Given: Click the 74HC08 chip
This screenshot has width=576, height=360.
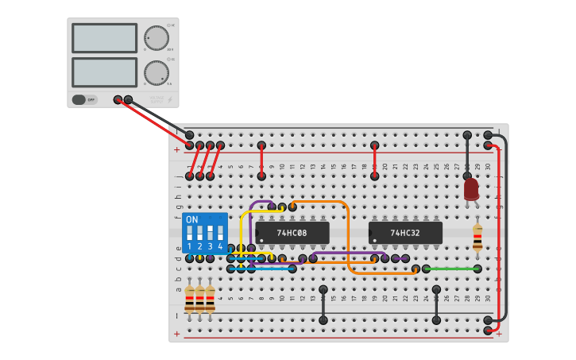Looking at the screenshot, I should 292,233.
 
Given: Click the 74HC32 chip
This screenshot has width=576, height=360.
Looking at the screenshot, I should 405,233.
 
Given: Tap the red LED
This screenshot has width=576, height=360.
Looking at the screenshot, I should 471,188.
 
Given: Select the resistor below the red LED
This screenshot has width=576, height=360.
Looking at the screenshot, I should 477,237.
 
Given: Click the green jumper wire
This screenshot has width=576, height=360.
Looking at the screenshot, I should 453,269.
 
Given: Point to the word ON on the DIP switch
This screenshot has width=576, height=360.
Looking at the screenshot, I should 192,219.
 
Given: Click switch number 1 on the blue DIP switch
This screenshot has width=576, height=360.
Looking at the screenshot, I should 190,234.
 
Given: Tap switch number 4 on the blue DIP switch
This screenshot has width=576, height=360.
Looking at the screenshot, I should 220,234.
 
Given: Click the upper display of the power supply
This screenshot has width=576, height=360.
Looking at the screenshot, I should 104,37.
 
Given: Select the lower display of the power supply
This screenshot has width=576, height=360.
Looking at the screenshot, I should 104,72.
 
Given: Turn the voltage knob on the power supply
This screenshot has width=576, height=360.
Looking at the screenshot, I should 157,38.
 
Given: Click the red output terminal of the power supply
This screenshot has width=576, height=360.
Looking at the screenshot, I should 118,99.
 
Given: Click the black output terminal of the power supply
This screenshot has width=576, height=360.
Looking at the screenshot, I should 128,99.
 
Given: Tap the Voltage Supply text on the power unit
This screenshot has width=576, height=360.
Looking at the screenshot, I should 157,99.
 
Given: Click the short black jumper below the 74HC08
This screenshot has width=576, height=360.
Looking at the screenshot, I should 323,304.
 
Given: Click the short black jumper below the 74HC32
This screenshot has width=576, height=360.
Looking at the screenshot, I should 436,304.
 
